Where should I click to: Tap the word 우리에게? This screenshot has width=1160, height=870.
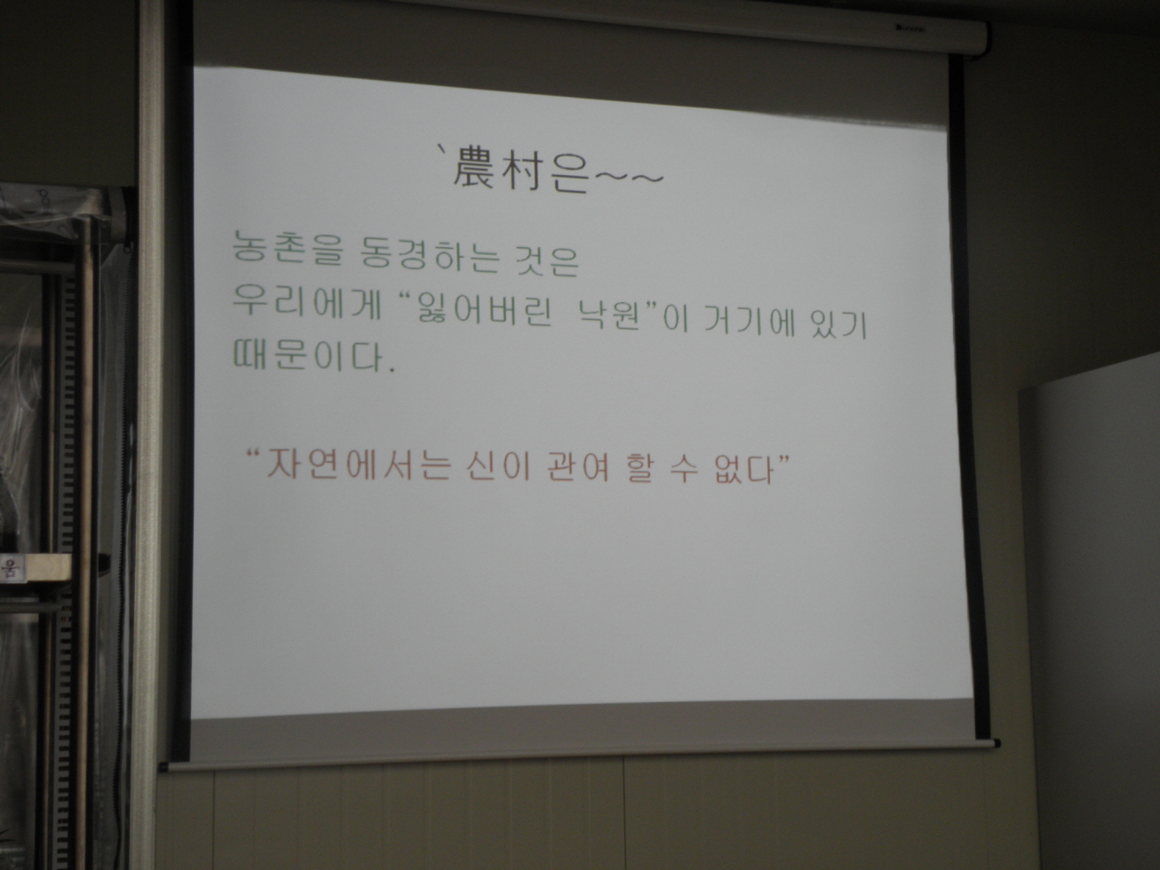306,303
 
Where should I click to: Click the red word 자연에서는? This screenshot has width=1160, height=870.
358,464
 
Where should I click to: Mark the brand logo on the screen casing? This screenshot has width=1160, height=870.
910,28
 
